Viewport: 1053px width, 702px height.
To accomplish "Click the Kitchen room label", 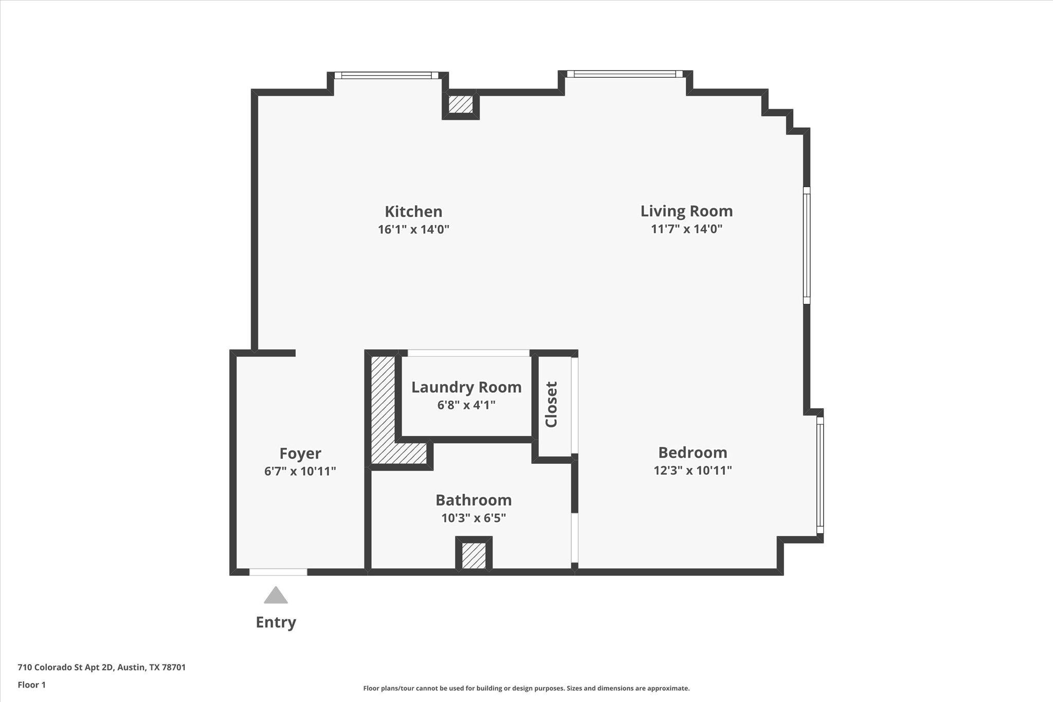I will coord(413,211).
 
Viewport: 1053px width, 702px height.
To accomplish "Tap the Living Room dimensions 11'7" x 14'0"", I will coord(686,229).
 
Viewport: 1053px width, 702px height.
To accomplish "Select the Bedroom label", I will coord(693,453).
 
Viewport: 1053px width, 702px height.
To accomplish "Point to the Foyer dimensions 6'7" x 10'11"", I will coord(300,471).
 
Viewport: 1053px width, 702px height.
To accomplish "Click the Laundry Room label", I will coord(466,387).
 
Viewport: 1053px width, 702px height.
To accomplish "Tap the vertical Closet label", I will coord(551,404).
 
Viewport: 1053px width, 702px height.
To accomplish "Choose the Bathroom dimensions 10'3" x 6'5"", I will coord(474,518).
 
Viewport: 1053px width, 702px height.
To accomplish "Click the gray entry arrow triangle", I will coord(276,596).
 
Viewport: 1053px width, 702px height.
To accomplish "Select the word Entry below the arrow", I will coord(276,622).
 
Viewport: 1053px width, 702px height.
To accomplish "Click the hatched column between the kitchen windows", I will coord(461,104).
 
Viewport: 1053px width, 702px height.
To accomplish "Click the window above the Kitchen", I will coord(386,76).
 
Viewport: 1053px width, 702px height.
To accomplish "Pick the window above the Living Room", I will coord(625,74).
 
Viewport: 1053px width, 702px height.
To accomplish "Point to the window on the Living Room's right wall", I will coord(806,245).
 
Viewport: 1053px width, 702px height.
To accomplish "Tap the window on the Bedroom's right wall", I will coord(820,475).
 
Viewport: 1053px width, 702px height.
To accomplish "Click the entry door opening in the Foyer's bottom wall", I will coord(278,572).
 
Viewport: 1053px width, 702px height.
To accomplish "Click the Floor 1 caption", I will coord(32,685).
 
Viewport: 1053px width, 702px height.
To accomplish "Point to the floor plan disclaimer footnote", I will coord(526,688).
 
